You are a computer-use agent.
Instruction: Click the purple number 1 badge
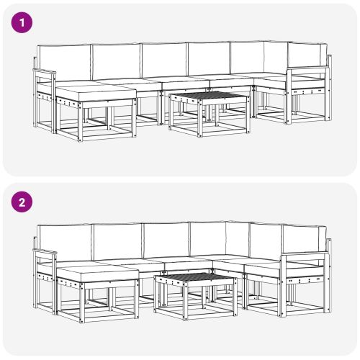[24, 23]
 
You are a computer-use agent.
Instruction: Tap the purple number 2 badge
[24, 202]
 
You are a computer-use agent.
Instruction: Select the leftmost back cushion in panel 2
[64, 240]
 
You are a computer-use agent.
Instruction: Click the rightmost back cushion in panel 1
[307, 55]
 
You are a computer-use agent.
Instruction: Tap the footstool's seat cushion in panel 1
[94, 91]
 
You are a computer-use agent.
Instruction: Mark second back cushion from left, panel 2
[117, 240]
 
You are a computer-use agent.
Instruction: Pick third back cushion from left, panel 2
[166, 239]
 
